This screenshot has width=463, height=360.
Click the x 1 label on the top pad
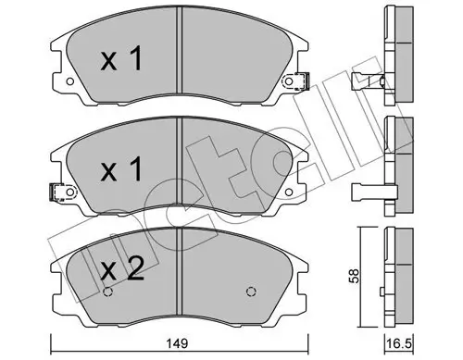pos(122,61)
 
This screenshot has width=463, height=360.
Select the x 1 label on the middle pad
pos(122,171)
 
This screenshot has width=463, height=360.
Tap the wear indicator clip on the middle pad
pos(57,193)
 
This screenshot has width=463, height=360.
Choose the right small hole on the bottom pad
pos(250,293)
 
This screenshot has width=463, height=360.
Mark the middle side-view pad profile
pos(400,167)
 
